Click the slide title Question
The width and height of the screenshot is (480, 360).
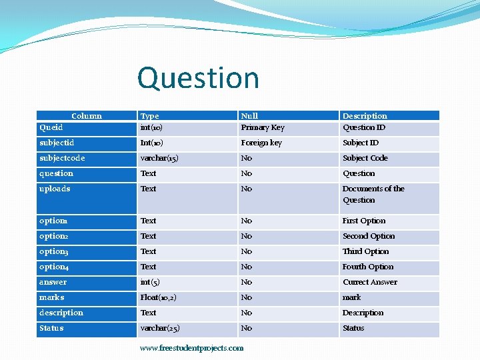pos(198,78)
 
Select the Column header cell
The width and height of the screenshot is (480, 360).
pos(87,116)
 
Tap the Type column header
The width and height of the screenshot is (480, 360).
pos(150,116)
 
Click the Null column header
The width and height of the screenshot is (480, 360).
pos(249,116)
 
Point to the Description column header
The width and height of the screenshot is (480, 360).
pos(365,116)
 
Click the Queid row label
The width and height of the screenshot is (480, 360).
pos(51,127)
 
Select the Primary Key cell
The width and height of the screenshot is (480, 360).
pos(263,127)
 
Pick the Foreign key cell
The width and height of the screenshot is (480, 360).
pos(261,143)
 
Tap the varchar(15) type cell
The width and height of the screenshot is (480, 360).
pos(159,158)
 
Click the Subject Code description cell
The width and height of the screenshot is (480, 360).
pos(365,158)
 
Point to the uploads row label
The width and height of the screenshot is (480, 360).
pos(55,189)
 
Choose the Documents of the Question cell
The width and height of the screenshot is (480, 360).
pos(373,194)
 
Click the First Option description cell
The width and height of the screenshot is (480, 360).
pos(364,221)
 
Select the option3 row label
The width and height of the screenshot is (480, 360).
pos(54,251)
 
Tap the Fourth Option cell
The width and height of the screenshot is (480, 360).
pos(368,267)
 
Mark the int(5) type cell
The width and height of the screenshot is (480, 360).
pos(151,282)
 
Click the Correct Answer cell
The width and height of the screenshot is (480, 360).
pos(369,282)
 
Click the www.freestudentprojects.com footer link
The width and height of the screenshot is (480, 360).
pos(192,348)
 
